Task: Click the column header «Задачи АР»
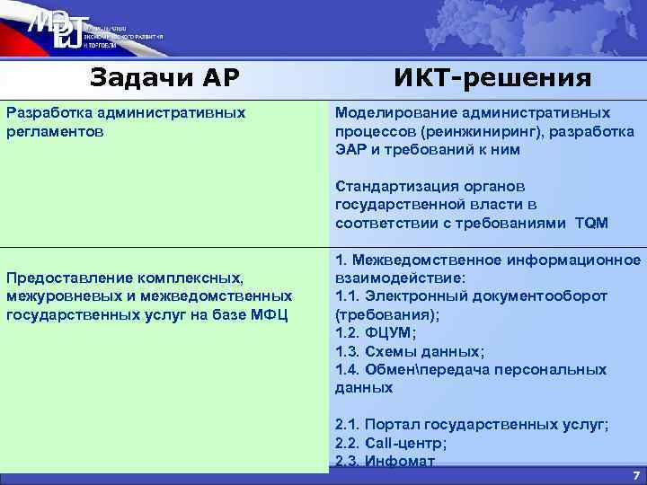tap(164, 78)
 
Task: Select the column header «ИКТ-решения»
tap(492, 78)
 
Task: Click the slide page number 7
tap(635, 474)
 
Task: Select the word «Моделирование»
tap(388, 113)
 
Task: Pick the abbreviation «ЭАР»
tap(350, 149)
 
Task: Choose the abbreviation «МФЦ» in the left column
tap(268, 313)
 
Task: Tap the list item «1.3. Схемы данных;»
tap(409, 351)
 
